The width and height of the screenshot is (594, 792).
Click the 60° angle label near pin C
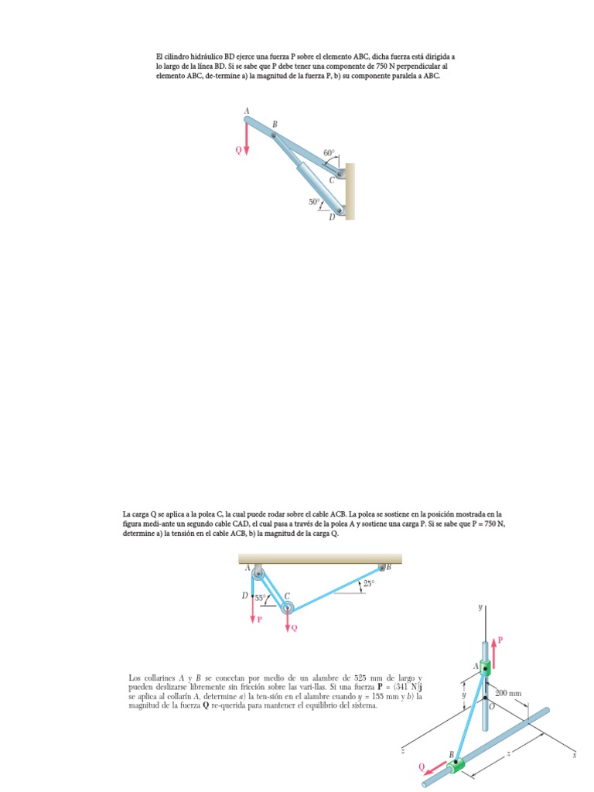tap(329, 153)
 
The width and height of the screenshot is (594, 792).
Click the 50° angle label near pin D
tap(314, 202)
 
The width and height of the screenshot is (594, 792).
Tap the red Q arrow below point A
tap(247, 142)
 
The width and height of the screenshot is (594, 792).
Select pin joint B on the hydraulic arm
tap(273, 135)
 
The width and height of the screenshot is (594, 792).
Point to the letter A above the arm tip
tap(247, 111)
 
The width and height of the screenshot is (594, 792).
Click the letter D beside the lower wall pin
tap(331, 217)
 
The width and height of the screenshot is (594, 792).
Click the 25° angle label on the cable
tap(368, 584)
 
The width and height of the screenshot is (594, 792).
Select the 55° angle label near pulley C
tap(261, 597)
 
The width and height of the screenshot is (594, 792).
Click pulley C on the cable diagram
tap(287, 606)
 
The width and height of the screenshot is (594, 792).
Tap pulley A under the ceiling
tap(257, 572)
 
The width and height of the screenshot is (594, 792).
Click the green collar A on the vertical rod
tap(486, 667)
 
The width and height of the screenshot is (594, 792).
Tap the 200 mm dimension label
tap(508, 693)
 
